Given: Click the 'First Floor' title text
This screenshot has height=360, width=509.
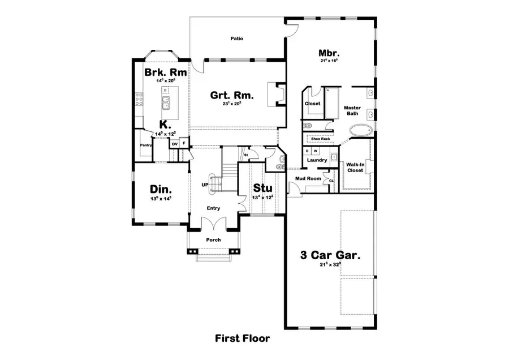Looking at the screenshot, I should pyautogui.click(x=242, y=338).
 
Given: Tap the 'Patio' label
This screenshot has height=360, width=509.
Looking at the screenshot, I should pyautogui.click(x=236, y=39).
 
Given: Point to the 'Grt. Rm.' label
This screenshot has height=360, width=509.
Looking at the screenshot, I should pyautogui.click(x=232, y=95).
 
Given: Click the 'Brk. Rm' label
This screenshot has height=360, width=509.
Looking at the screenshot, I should pyautogui.click(x=162, y=73).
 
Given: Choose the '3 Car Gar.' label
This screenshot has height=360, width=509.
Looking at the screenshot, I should pyautogui.click(x=330, y=255).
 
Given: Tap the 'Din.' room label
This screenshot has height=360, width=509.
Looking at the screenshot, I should pyautogui.click(x=161, y=190).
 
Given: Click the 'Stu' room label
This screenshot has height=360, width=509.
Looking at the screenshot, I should pyautogui.click(x=262, y=188).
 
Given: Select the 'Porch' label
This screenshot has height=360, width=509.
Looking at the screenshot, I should pyautogui.click(x=213, y=239).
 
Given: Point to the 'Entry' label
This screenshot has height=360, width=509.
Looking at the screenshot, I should pyautogui.click(x=213, y=208).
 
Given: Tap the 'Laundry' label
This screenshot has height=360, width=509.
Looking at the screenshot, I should pyautogui.click(x=317, y=160).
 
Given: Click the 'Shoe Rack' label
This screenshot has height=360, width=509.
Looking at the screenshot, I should pyautogui.click(x=320, y=138).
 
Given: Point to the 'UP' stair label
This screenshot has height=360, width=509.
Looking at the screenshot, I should pyautogui.click(x=205, y=185).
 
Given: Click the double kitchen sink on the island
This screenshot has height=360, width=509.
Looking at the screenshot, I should pyautogui.click(x=166, y=103).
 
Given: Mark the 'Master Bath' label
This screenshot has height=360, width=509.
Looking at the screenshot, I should pyautogui.click(x=352, y=110).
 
